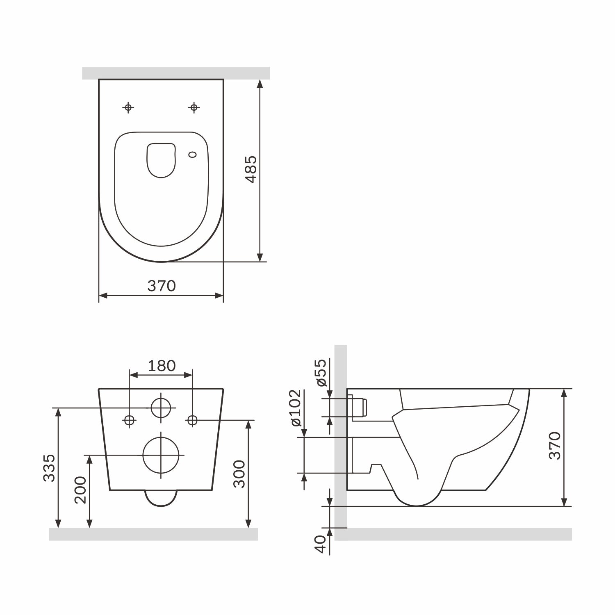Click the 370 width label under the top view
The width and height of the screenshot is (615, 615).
pos(162,286)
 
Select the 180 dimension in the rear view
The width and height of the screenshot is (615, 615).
pos(162,365)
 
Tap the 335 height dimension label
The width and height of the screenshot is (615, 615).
pos(49,467)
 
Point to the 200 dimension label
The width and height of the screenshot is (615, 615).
pos(80,490)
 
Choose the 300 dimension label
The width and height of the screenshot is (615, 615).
pos(239,474)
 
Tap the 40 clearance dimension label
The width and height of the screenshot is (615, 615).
pos(321,544)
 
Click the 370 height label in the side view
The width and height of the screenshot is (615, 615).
pos(554,446)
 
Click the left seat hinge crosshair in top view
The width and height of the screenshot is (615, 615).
pos(128,107)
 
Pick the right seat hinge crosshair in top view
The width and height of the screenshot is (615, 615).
pos(194,107)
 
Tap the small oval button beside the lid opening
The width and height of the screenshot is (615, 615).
pos(192,155)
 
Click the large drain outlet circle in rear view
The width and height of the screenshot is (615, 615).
pos(161,455)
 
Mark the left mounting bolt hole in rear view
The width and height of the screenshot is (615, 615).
pos(130,420)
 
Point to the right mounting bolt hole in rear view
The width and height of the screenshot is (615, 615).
pos(192,420)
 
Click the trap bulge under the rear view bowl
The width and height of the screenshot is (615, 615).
pos(161,498)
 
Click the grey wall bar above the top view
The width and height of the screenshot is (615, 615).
pos(176,73)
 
